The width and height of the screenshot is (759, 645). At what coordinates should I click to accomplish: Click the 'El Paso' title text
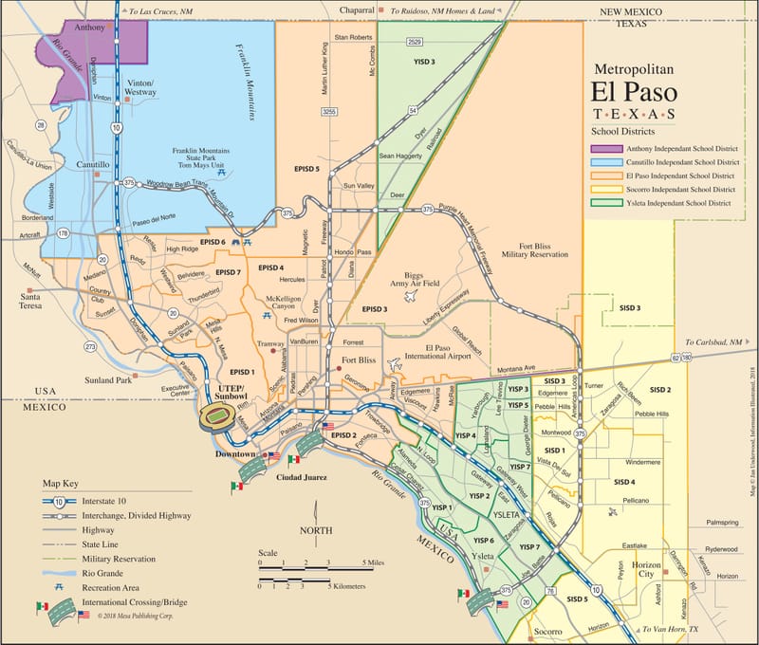pos(633,94)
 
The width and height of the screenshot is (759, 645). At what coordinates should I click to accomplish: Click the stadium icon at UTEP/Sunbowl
pos(216,416)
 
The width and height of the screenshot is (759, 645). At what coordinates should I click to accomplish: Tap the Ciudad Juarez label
pos(301,477)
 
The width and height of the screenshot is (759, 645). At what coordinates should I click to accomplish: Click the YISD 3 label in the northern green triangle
pos(424,62)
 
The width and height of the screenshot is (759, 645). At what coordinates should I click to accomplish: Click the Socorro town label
pos(547,631)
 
